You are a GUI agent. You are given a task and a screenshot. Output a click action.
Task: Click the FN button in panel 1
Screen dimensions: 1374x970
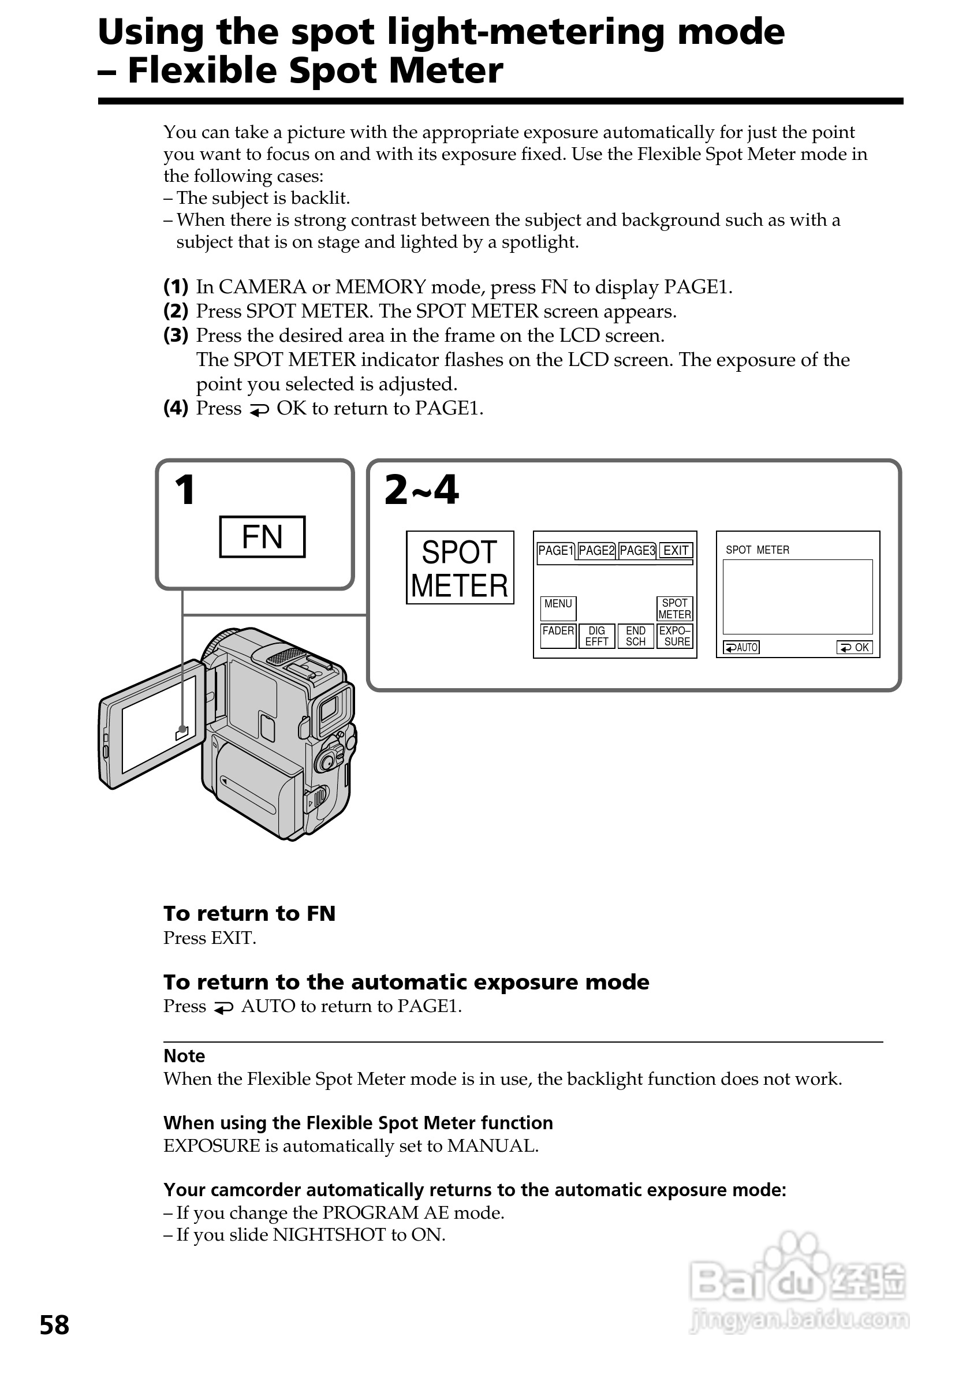click(262, 537)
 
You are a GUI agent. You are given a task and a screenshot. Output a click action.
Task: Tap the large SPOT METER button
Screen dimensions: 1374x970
click(460, 567)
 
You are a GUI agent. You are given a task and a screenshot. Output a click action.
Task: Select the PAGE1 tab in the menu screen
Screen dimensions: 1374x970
click(555, 551)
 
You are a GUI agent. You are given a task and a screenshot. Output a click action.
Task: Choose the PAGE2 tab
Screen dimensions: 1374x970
click(596, 551)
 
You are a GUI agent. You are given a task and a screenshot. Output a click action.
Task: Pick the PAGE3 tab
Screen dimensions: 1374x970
click(637, 551)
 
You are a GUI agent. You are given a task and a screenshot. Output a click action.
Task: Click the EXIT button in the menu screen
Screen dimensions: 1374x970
click(676, 551)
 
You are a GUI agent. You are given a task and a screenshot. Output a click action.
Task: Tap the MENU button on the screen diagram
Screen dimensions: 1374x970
click(558, 608)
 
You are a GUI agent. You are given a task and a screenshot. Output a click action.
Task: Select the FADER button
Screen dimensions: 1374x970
click(558, 636)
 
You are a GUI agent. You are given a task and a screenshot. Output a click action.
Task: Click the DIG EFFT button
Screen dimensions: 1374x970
click(596, 636)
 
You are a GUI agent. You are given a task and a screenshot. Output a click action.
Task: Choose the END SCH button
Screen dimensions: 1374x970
click(635, 636)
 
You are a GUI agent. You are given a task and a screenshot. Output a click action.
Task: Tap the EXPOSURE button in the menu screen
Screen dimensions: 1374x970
click(675, 636)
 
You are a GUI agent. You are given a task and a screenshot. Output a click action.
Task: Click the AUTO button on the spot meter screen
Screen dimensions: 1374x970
click(741, 648)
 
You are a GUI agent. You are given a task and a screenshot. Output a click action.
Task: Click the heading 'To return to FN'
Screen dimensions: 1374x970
click(249, 914)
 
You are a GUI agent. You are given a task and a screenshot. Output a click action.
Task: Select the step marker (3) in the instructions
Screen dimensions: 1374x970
click(176, 335)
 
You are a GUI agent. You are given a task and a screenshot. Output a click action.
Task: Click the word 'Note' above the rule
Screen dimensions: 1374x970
click(184, 1056)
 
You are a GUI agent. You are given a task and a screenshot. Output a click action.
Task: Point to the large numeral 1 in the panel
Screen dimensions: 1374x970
click(185, 490)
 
